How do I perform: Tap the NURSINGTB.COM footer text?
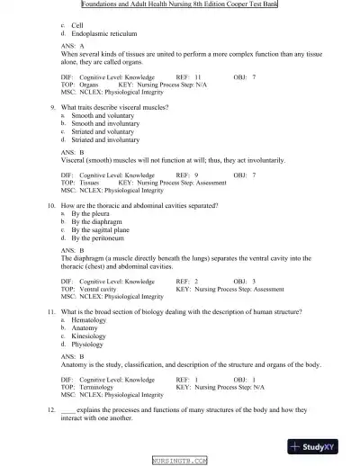[x=180, y=460]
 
